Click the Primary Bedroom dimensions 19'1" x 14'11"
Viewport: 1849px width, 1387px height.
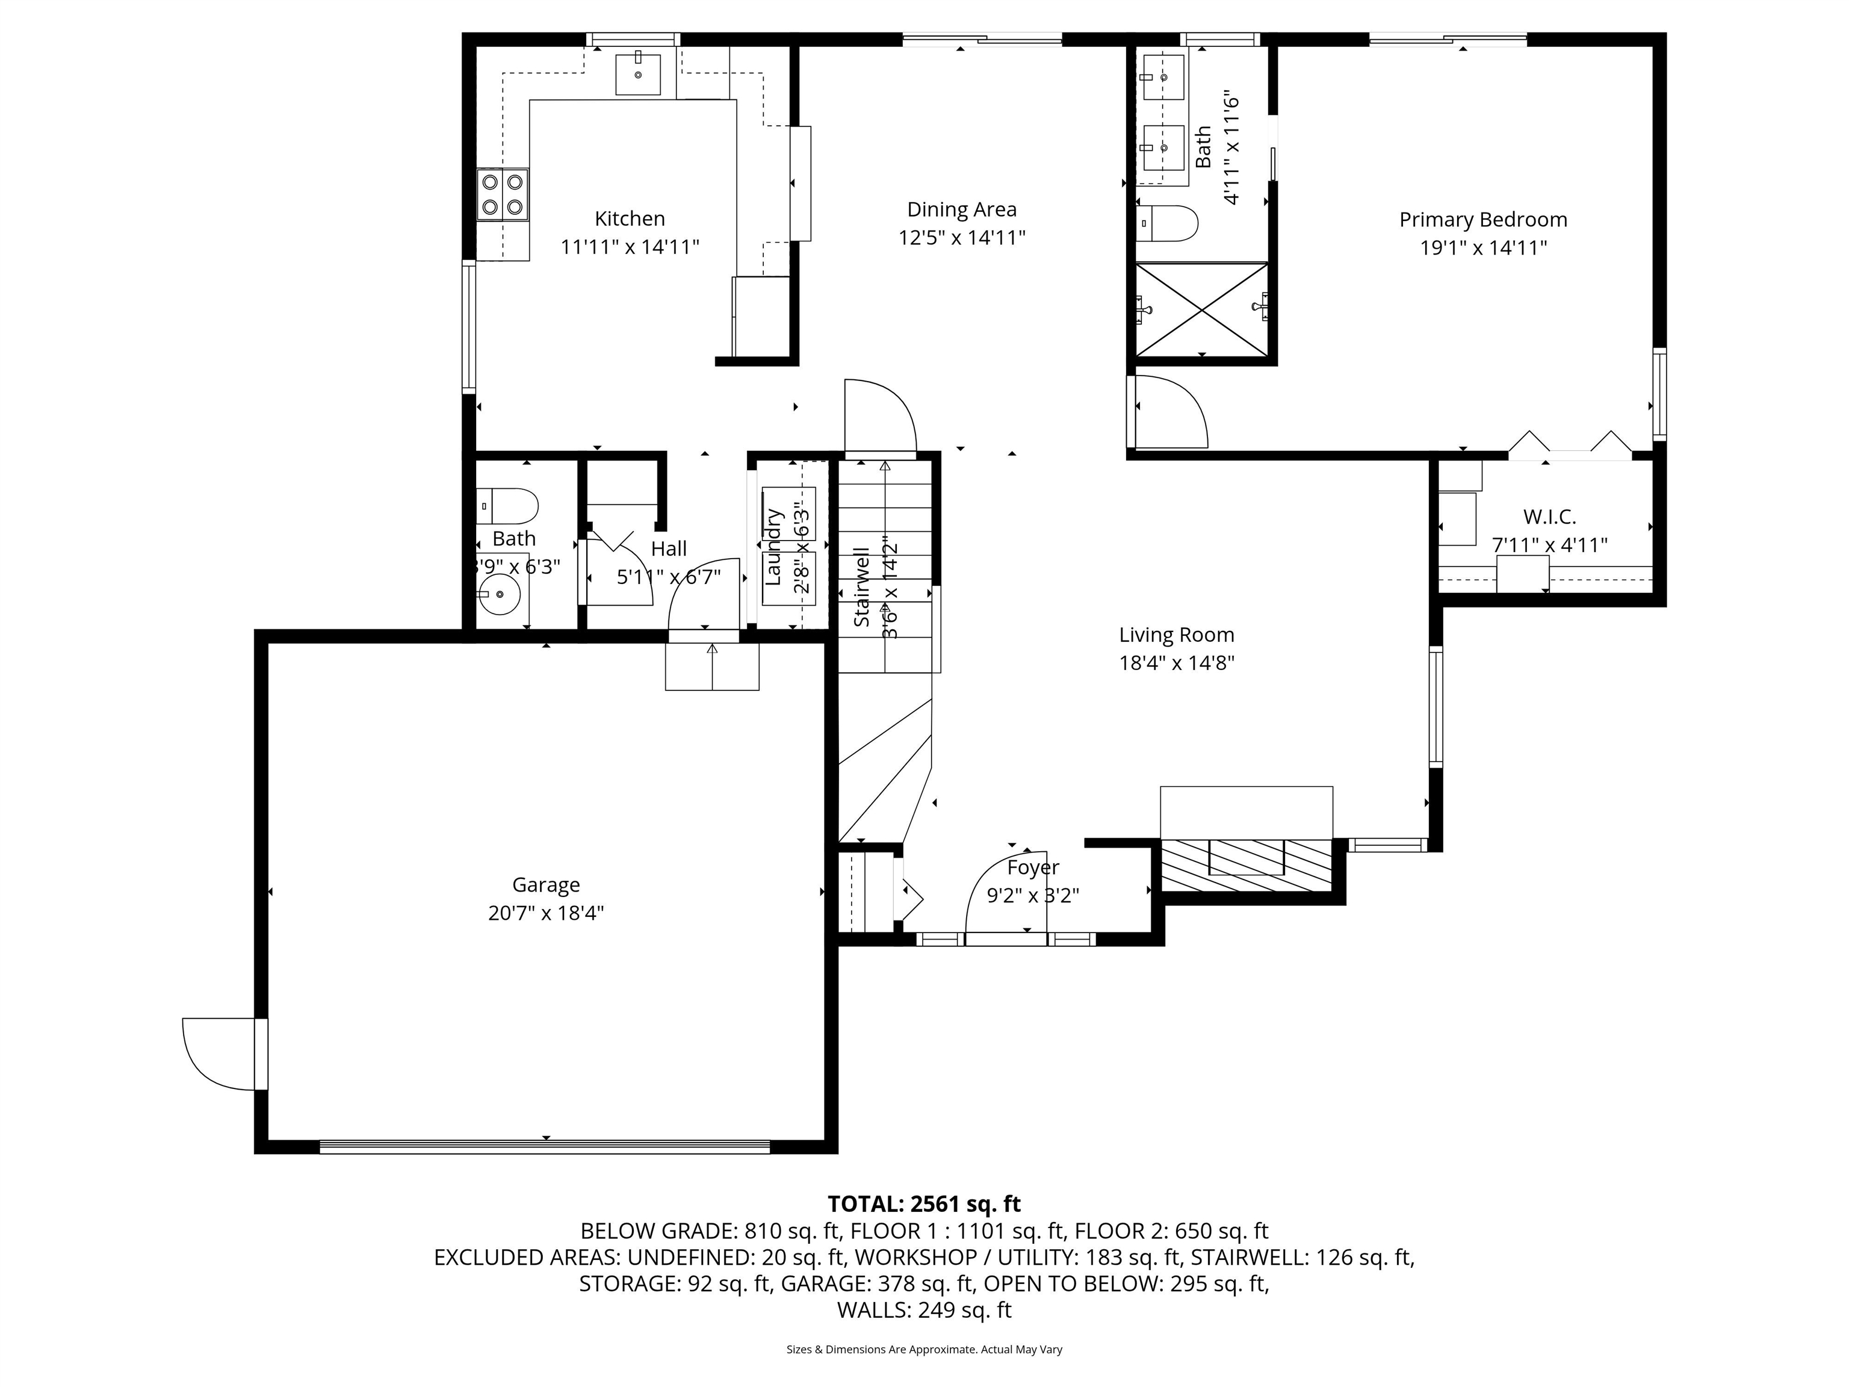tap(1483, 247)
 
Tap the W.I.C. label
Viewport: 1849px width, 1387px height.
tap(1549, 517)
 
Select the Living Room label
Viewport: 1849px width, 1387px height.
tap(1176, 635)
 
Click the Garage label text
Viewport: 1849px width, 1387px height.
tap(546, 884)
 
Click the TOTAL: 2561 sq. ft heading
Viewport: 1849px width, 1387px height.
tap(924, 1204)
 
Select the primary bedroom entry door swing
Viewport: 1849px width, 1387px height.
tap(1169, 411)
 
